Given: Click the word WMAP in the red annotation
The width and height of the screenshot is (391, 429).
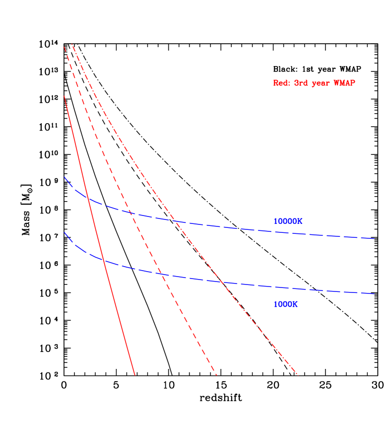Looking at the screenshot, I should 344,83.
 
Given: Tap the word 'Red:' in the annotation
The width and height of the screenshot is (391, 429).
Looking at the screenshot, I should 281,83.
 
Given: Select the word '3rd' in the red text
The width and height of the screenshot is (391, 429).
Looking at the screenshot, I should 301,83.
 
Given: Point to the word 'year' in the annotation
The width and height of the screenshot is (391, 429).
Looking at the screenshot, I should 321,83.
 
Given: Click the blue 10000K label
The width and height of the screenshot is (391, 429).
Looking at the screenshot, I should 288,221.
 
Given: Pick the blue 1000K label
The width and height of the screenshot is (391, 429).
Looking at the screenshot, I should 285,304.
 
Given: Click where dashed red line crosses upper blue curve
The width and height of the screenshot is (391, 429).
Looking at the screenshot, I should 130,213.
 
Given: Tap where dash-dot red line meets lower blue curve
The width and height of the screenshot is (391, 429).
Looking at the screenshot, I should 221,282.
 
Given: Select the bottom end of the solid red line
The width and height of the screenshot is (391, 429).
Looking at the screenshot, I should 135,375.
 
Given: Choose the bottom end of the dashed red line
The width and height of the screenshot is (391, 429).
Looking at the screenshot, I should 217,375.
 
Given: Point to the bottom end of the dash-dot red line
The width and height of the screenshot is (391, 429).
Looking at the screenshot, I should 298,375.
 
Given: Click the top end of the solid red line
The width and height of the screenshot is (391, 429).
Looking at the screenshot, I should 65,96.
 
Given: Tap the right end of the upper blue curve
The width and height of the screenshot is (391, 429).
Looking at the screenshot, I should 374,239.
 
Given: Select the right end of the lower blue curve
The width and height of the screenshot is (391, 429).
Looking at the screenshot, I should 374,294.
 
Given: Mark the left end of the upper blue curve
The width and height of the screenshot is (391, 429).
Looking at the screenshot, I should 64,177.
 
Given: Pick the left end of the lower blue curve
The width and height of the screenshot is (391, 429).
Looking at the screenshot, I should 64,232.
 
